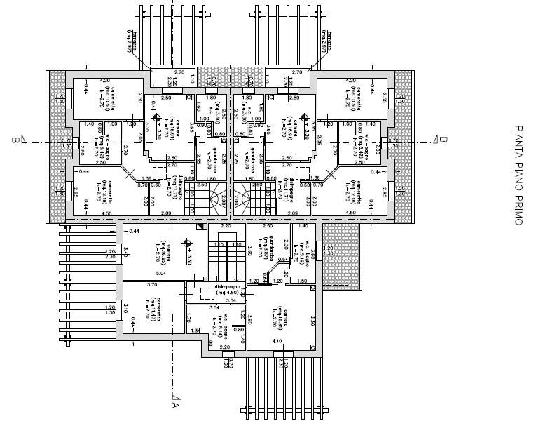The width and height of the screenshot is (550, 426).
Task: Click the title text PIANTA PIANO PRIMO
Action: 519,175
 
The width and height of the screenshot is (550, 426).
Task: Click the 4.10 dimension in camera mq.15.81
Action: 277,342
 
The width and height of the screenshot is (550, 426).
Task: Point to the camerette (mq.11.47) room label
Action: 163,309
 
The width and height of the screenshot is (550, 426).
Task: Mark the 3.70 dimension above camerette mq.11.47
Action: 151,285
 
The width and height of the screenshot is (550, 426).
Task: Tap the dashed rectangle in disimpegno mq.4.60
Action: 206,295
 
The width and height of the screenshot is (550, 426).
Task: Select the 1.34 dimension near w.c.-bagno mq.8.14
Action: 195,331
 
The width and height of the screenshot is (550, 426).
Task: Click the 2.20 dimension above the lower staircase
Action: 226,227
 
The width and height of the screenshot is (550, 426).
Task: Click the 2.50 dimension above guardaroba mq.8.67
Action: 267,227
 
